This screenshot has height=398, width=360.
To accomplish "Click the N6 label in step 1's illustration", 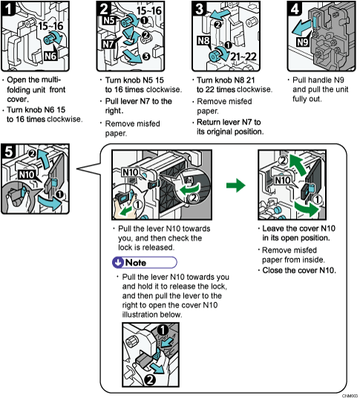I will (x=51, y=54).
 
